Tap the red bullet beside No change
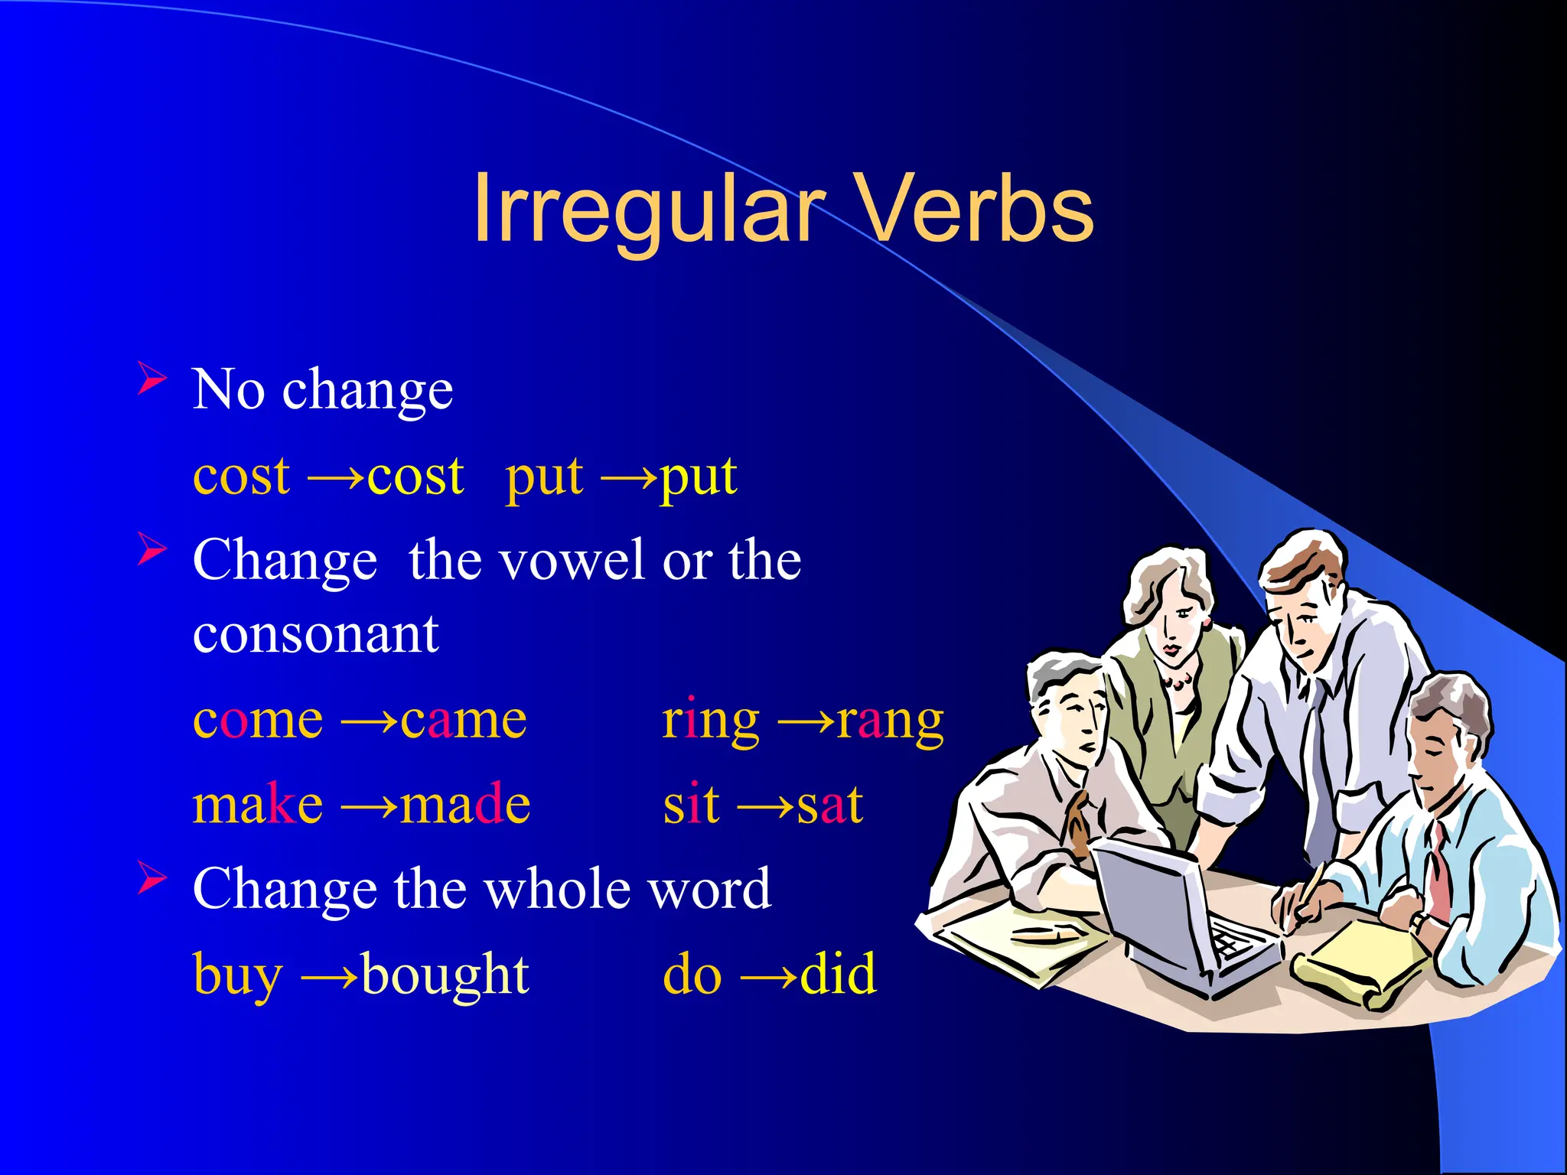click(151, 379)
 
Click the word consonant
click(315, 635)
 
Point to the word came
click(464, 721)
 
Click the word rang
click(891, 721)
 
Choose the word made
click(465, 805)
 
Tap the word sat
click(830, 805)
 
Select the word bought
click(445, 975)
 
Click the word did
click(839, 975)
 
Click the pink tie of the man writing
click(1438, 872)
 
